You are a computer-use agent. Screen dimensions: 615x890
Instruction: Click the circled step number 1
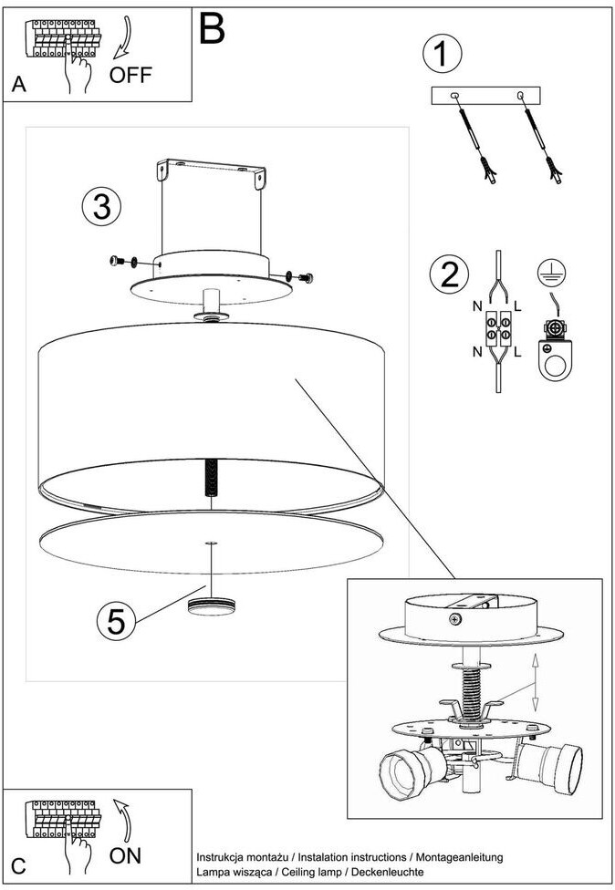pos(443,53)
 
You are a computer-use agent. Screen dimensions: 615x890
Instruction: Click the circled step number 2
pos(449,274)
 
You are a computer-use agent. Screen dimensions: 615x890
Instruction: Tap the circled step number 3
pos(101,206)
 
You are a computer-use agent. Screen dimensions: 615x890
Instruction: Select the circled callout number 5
pos(116,621)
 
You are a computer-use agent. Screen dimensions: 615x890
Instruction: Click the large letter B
pos(212,28)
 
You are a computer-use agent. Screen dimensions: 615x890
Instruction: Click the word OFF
pos(130,75)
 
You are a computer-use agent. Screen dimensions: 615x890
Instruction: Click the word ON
pos(125,855)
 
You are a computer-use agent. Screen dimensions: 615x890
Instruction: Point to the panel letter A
pos(19,84)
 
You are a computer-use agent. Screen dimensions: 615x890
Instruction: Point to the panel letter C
pos(18,866)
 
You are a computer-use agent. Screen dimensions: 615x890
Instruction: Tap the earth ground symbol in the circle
pos(551,273)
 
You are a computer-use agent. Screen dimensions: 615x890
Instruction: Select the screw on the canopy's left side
pos(124,262)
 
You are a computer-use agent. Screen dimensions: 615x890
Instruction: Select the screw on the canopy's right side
pos(301,277)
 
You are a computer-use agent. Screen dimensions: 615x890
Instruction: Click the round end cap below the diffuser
pos(212,605)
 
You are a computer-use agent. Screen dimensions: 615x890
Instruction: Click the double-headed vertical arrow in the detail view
pos(535,683)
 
